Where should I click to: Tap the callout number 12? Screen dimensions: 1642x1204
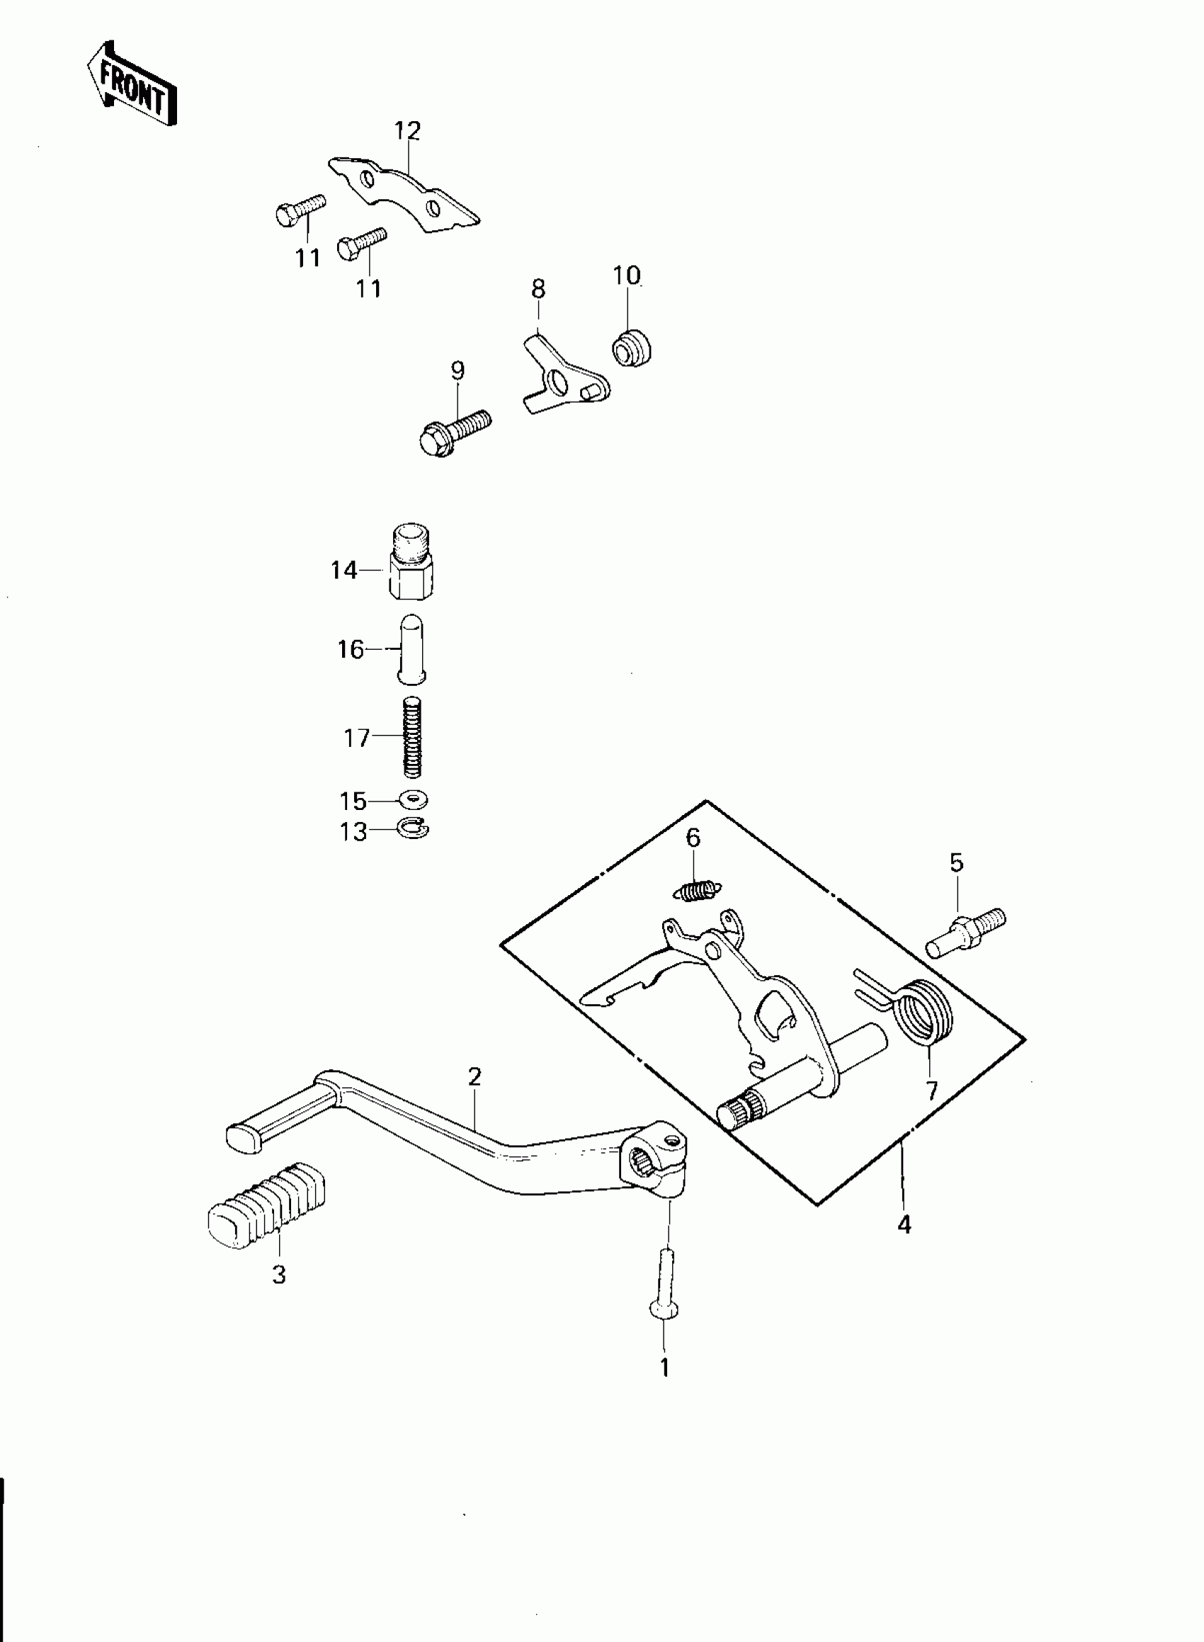pyautogui.click(x=407, y=131)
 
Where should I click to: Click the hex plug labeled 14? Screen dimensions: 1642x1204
pyautogui.click(x=411, y=562)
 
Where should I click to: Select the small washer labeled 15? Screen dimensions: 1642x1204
pyautogui.click(x=413, y=800)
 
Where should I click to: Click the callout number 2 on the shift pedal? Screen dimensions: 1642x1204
pyautogui.click(x=475, y=1076)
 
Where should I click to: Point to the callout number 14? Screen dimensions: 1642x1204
pyautogui.click(x=343, y=570)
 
